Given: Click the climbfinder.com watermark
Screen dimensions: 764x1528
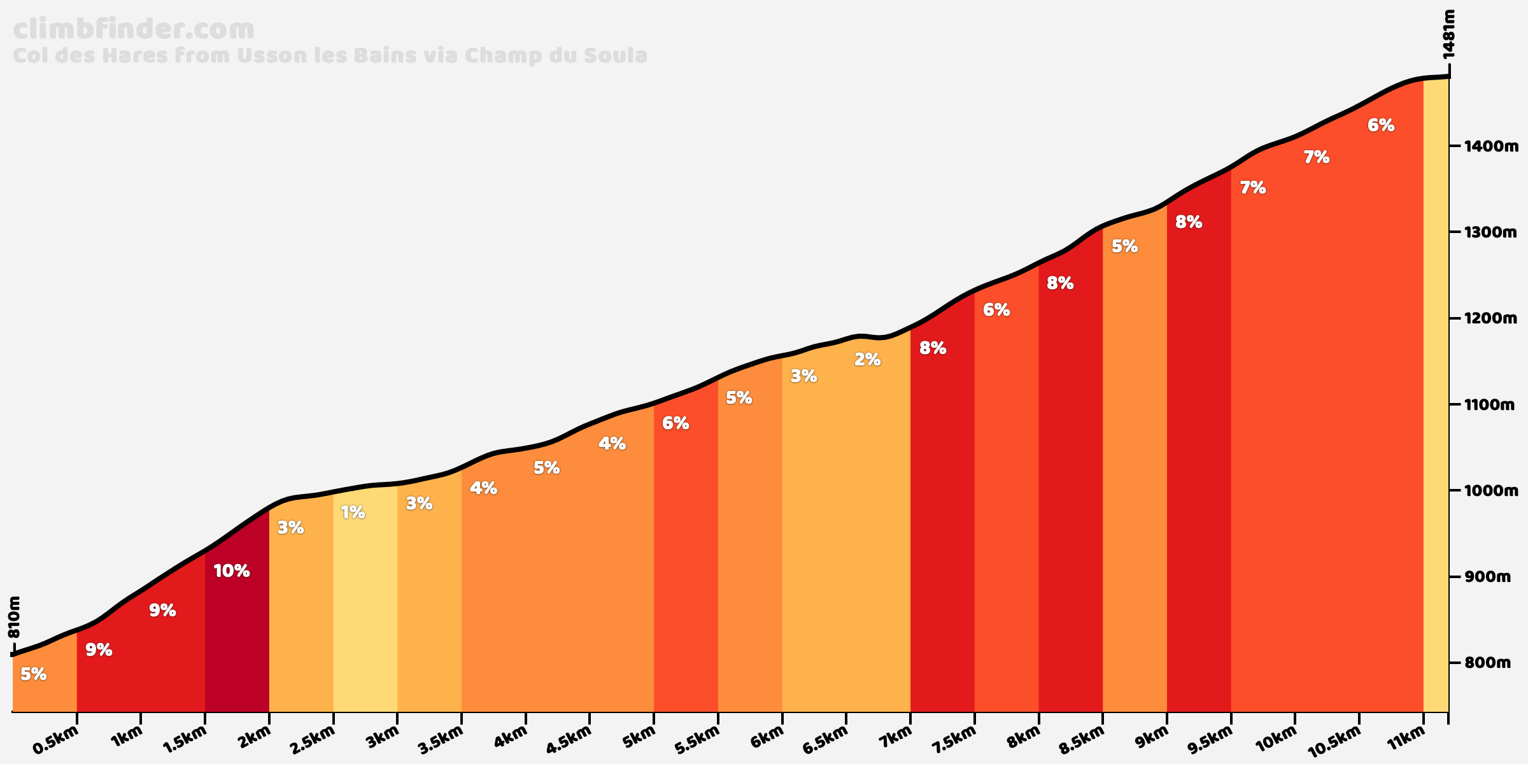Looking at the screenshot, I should coord(134,30).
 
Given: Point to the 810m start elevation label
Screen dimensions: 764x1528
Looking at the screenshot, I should coord(15,617).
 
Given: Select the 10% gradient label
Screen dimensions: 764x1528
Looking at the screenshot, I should coord(231,571).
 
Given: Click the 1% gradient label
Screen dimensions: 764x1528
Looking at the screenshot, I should coord(353,513).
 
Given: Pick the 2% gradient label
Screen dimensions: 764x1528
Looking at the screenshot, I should coord(867,360).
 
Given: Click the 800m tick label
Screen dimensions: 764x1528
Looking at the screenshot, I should coord(1488,663).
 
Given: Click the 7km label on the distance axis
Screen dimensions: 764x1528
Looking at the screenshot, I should coord(894,740).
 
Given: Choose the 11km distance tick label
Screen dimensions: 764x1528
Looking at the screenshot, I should coord(1406,740).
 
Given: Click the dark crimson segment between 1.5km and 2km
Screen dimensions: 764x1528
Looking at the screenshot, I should coord(237,637).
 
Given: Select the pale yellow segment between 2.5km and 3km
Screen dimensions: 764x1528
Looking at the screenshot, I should coord(365,605).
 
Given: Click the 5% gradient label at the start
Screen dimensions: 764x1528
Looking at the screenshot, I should coord(33,674).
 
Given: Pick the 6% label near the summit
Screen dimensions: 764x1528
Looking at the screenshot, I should coord(1381,125).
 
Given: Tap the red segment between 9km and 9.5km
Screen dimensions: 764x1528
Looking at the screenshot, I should coord(1199,446).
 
